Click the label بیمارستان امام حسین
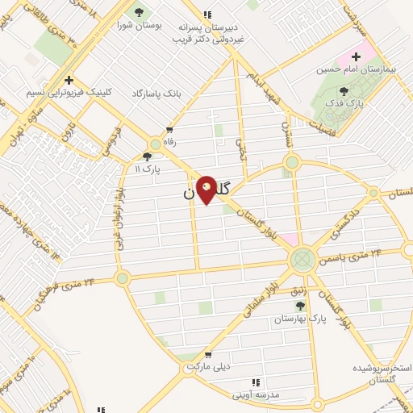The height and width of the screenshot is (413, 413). tap(367, 69)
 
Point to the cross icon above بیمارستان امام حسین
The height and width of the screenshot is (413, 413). tap(356, 56)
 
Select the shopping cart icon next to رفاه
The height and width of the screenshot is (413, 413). tap(169, 129)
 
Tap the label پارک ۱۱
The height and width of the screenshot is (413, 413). tap(148, 169)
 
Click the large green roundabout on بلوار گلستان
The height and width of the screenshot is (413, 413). tap(302, 259)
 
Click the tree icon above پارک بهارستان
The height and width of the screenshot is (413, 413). tap(301, 306)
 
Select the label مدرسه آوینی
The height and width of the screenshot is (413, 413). tap(256, 394)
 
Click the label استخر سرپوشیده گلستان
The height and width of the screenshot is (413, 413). tap(382, 373)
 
